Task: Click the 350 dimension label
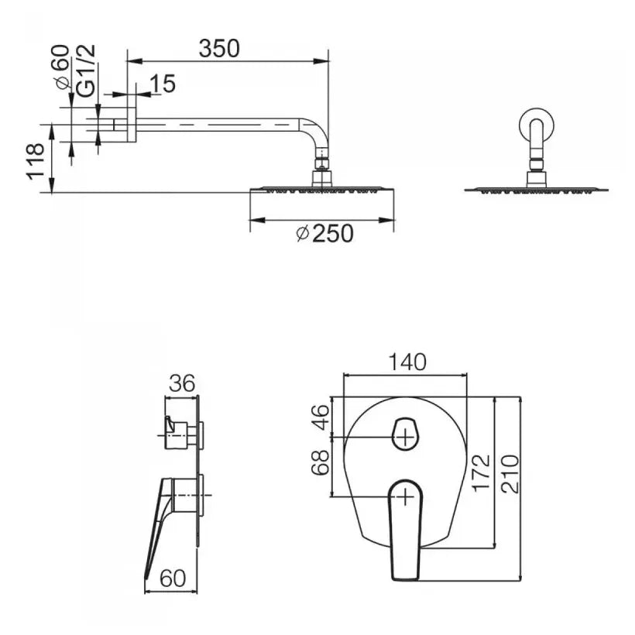[x=219, y=48]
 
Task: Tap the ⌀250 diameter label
[x=324, y=232]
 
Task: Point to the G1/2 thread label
[x=87, y=70]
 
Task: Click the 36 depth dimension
[x=183, y=383]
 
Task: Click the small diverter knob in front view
[x=405, y=434]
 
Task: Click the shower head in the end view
[x=537, y=188]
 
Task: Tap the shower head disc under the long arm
[x=321, y=189]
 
